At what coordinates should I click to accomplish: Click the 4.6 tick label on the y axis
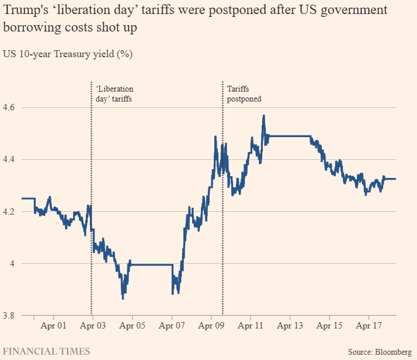click(11, 109)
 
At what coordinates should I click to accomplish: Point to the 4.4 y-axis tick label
click(11, 160)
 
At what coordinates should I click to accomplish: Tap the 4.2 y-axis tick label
click(11, 212)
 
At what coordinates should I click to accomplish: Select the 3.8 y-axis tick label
click(11, 316)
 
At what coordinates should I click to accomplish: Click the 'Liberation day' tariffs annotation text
click(114, 94)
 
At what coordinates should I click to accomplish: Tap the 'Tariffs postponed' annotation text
click(244, 94)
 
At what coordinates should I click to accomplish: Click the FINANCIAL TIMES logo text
click(47, 351)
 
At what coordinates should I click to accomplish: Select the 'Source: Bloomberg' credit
click(379, 351)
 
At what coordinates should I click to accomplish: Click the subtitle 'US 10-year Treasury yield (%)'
click(68, 55)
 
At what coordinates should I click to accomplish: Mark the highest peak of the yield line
click(264, 116)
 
